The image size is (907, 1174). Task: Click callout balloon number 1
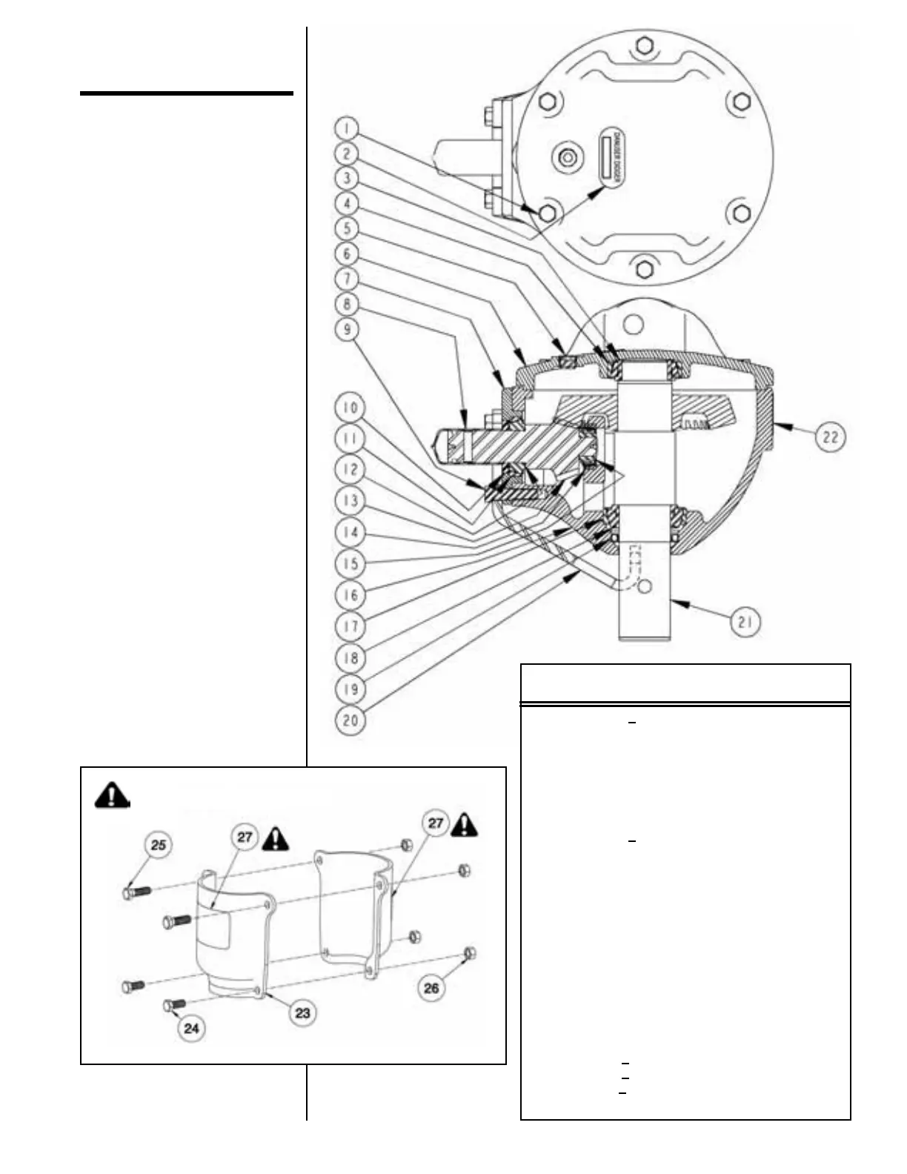[348, 129]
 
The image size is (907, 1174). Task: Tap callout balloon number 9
[348, 329]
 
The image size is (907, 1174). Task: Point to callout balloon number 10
[350, 408]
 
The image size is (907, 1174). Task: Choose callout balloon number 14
[350, 532]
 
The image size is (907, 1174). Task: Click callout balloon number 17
[350, 626]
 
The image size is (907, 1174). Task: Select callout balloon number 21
[745, 622]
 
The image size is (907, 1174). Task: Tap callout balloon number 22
[830, 437]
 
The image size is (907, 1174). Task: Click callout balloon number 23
[302, 1012]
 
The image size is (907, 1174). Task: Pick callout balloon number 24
[191, 1028]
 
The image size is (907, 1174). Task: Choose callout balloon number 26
[431, 988]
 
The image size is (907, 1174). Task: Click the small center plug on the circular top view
[568, 158]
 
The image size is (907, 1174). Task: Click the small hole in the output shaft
[645, 586]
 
